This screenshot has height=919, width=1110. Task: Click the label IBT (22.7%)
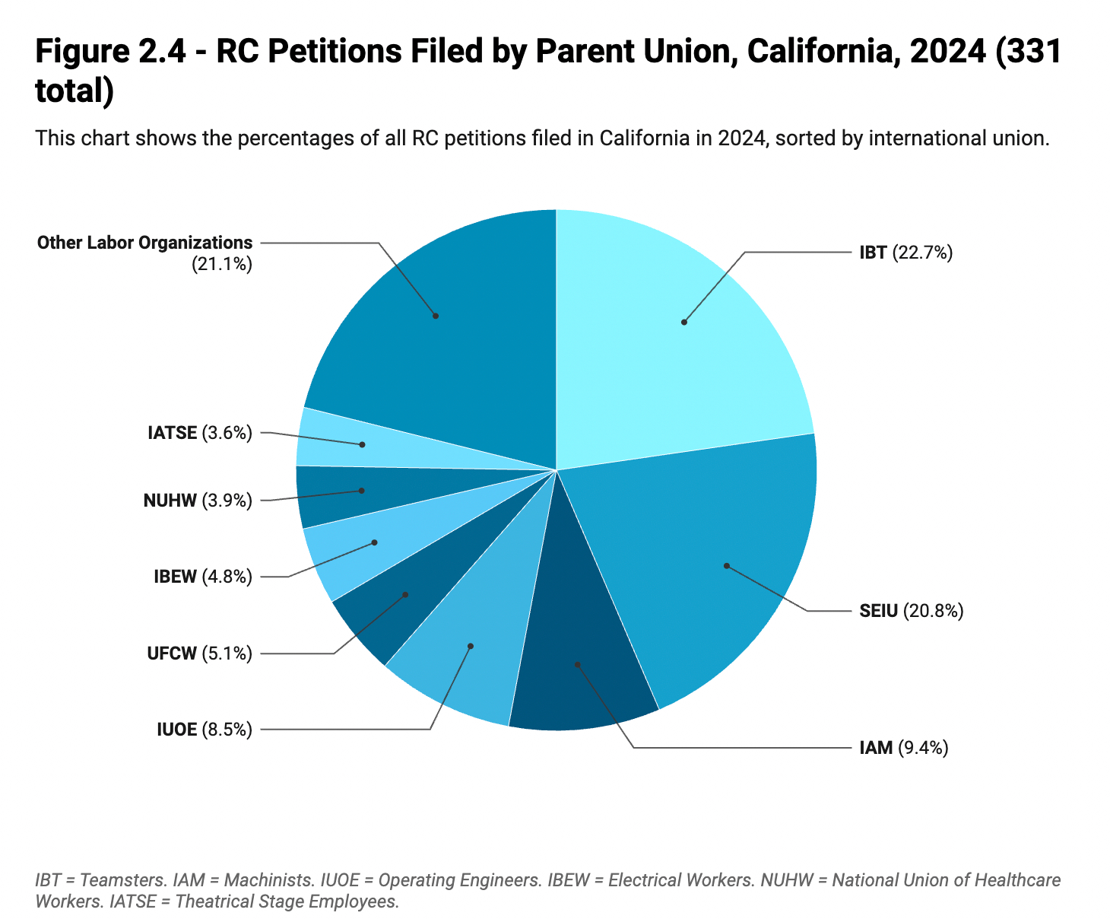point(905,253)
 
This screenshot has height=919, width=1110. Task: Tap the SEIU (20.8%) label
point(911,610)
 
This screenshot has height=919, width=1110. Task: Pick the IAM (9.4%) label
point(903,748)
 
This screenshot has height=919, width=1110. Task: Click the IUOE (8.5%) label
point(204,730)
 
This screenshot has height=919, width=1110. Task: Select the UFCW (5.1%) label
point(199,653)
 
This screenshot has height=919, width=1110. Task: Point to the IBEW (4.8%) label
point(202,576)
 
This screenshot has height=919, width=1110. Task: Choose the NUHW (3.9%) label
point(197,500)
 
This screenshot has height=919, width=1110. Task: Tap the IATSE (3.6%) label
point(199,433)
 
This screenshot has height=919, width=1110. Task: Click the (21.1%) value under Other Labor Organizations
point(222,264)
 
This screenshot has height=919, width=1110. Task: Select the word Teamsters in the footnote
point(122,880)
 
